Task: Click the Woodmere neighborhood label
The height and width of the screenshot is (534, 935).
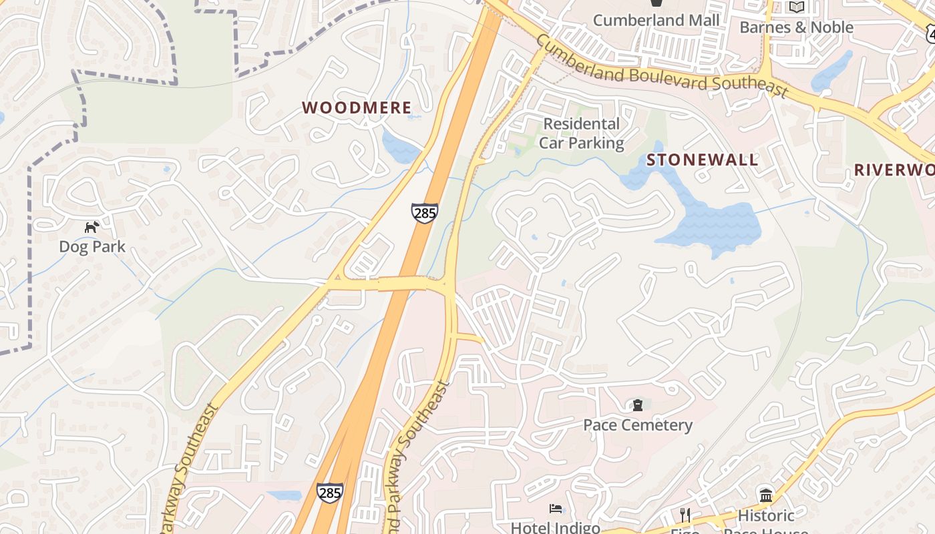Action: (357, 107)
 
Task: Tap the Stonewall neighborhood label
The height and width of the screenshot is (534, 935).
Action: (702, 160)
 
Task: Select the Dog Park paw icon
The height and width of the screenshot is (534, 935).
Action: (91, 228)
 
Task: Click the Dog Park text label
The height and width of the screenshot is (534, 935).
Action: (92, 246)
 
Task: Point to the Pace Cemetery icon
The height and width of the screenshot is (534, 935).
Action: (637, 405)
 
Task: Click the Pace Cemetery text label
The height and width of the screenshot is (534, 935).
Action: (637, 425)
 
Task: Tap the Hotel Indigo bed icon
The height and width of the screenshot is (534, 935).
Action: (556, 509)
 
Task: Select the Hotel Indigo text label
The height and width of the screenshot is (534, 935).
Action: (556, 527)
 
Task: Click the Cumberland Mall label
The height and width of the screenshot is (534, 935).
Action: (657, 20)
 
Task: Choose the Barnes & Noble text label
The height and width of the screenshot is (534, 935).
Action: (796, 27)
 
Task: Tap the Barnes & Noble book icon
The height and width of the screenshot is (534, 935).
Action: (796, 7)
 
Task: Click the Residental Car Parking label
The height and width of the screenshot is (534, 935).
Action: (581, 133)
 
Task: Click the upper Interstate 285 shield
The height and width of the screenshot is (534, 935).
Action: (425, 213)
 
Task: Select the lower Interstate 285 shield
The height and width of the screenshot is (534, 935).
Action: (330, 493)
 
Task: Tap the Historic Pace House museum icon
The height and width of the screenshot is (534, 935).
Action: (766, 495)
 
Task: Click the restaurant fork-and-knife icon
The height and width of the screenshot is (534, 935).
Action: (685, 515)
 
